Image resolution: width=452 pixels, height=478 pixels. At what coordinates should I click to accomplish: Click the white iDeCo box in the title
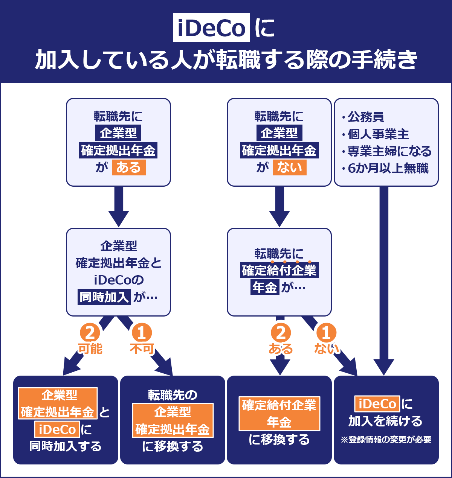[211, 27]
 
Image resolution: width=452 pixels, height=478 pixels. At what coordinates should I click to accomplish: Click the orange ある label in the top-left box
[128, 167]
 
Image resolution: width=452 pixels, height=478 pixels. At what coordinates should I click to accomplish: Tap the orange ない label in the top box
[289, 167]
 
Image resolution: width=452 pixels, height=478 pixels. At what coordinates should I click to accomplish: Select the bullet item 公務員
[365, 117]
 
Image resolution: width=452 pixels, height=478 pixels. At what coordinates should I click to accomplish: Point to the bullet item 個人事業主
[378, 134]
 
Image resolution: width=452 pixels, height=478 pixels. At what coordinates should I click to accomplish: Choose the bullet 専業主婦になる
[389, 151]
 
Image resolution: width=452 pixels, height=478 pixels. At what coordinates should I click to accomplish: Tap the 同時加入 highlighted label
[104, 297]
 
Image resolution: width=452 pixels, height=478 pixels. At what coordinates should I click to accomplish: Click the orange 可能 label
[90, 349]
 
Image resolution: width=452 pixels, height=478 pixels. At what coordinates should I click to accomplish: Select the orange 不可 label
[142, 349]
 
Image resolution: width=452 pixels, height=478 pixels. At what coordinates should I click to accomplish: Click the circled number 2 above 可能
[90, 333]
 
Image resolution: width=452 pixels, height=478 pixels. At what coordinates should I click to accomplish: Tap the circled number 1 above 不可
[142, 333]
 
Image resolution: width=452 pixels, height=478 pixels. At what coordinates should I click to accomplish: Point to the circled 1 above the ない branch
[326, 333]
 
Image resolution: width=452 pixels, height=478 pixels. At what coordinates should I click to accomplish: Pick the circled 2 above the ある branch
[281, 333]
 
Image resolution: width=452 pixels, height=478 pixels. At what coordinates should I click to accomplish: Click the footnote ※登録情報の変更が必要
[386, 440]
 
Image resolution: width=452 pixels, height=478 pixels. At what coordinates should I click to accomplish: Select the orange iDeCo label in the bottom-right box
[377, 404]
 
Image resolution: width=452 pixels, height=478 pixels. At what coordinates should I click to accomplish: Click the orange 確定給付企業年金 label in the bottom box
[279, 413]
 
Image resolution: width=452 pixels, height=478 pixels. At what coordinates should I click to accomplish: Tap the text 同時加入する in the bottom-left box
[66, 446]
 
